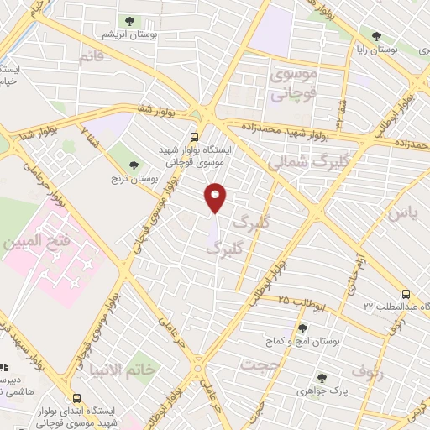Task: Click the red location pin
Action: point(216,197)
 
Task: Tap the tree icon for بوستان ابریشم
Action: point(128,21)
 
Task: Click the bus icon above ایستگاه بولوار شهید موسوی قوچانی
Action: point(195,136)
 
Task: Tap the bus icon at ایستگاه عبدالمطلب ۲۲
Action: point(406,294)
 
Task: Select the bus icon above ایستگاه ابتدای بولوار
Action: point(76,398)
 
